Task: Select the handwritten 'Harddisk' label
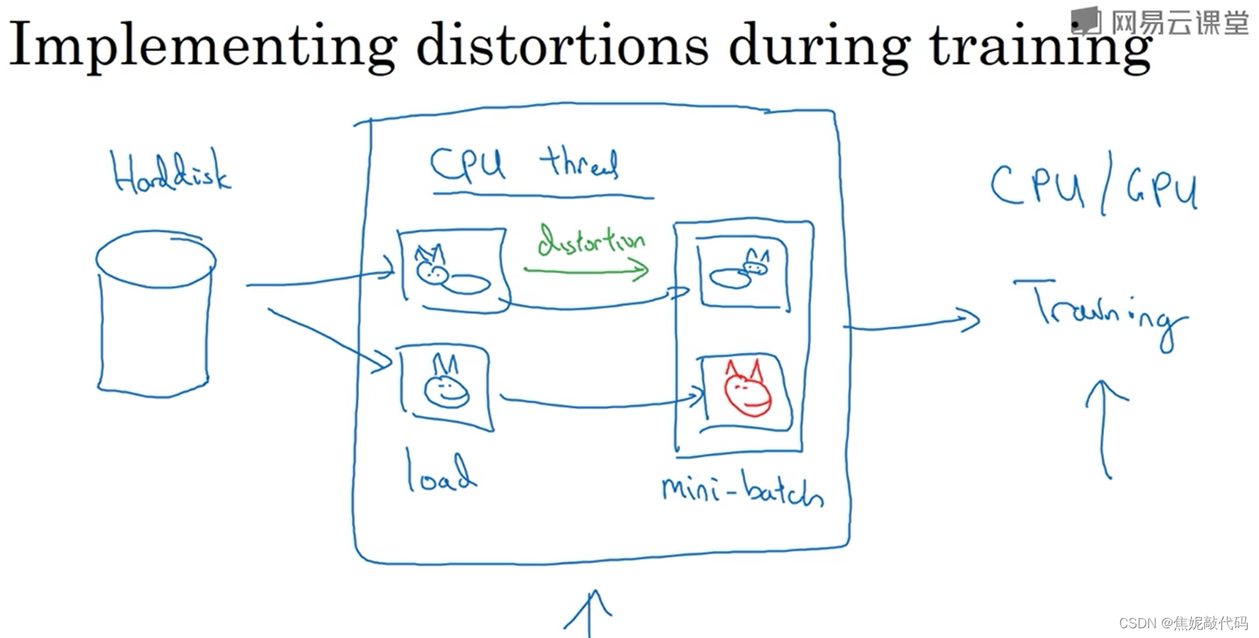171,172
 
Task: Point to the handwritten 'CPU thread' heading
524,163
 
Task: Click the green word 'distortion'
590,241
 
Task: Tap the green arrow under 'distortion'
587,269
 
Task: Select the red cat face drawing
747,388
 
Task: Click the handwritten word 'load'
440,472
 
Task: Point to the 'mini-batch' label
742,489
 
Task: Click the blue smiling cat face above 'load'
446,383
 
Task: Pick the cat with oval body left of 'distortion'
450,275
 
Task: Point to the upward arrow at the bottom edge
589,613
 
